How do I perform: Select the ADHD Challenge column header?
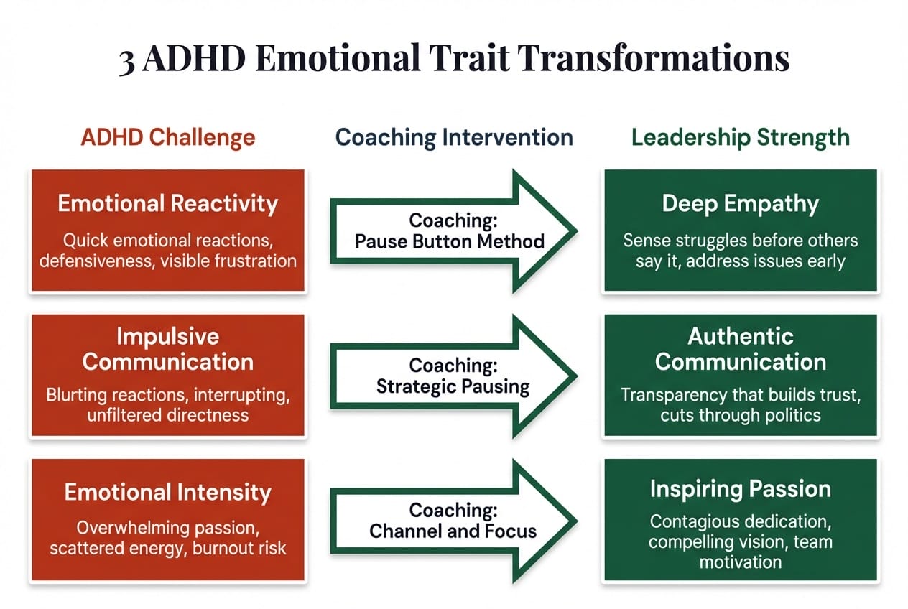(x=168, y=137)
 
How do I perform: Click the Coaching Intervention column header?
(x=454, y=137)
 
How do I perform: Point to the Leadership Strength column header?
(x=740, y=137)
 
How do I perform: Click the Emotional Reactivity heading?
(x=167, y=204)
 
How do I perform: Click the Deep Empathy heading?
(x=740, y=204)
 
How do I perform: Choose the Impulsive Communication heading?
(x=167, y=349)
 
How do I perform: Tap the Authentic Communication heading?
(x=740, y=349)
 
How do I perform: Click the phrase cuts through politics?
(x=740, y=415)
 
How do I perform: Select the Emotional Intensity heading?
(x=167, y=493)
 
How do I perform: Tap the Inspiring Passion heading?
(x=740, y=489)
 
